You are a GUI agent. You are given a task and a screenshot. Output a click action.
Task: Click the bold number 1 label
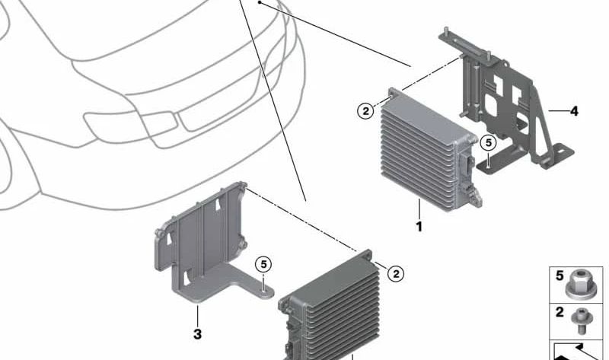tap(419, 227)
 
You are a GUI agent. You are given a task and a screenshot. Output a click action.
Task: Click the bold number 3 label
tap(197, 334)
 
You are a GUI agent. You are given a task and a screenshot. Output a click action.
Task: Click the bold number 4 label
tap(574, 111)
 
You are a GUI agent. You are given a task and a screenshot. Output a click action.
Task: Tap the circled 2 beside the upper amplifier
tap(365, 111)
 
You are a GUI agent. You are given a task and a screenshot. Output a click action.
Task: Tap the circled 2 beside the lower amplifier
tap(396, 274)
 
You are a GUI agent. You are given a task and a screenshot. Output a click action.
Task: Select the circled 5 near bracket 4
tap(488, 143)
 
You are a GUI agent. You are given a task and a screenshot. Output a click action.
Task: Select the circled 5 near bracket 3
tap(263, 265)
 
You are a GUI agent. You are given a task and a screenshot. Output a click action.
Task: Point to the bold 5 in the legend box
tap(560, 276)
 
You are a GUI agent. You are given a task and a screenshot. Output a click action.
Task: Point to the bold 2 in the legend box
tap(560, 312)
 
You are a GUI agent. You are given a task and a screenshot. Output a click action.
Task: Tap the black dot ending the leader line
tap(259, 3)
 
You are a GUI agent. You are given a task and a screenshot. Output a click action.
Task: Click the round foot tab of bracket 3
tap(264, 292)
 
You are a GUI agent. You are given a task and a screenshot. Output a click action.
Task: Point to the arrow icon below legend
tap(578, 351)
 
